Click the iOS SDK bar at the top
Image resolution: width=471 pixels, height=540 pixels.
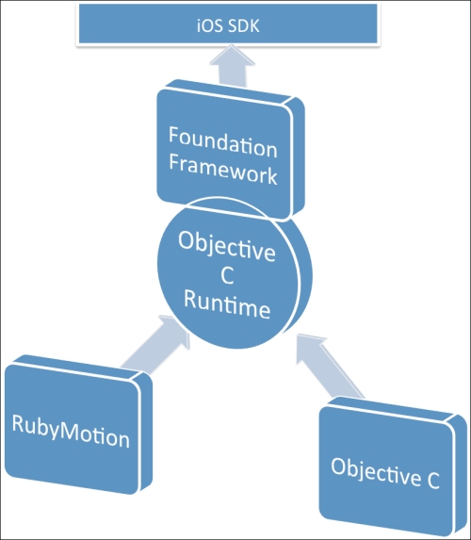[228, 24]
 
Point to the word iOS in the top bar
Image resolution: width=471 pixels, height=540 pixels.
[208, 26]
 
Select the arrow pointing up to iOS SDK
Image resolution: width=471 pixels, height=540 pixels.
[233, 66]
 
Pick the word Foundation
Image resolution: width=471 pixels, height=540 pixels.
[222, 141]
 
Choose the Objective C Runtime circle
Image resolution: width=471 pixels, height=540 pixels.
[235, 272]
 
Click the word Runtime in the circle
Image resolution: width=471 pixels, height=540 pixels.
[227, 303]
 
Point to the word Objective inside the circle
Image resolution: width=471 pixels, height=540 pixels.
[227, 245]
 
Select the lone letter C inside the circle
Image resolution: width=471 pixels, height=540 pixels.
[227, 275]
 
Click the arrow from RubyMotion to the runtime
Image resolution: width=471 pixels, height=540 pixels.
[155, 344]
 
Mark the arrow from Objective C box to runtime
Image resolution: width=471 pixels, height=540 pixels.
[330, 366]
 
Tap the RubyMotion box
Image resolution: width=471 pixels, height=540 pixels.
[78, 424]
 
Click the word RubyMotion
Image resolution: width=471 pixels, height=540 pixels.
[71, 432]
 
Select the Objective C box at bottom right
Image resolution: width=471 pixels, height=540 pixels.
[393, 466]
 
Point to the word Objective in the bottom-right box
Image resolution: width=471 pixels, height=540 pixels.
[376, 471]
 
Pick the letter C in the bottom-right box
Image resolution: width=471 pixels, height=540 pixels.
[433, 480]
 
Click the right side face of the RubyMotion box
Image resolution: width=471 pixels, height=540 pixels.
[146, 432]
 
